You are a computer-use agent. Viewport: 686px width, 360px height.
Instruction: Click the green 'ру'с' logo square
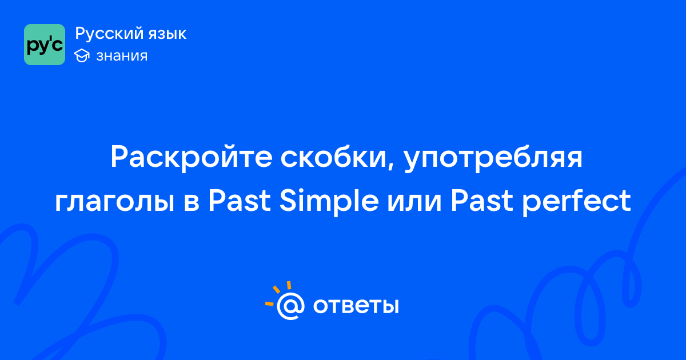pyautogui.click(x=45, y=45)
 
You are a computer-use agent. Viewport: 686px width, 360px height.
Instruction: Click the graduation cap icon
pyautogui.click(x=82, y=56)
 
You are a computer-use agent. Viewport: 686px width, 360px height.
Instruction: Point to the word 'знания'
pyautogui.click(x=122, y=56)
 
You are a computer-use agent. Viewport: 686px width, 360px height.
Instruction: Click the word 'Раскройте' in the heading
pyautogui.click(x=192, y=157)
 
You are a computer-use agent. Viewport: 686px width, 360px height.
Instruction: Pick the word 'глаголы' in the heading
pyautogui.click(x=115, y=201)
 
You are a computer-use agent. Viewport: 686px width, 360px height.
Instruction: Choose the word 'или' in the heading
pyautogui.click(x=414, y=201)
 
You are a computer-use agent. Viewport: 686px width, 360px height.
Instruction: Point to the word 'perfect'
pyautogui.click(x=576, y=201)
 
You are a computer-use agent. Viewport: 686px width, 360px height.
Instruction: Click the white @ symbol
pyautogui.click(x=290, y=306)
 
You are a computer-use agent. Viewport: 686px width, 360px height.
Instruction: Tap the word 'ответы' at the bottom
pyautogui.click(x=356, y=306)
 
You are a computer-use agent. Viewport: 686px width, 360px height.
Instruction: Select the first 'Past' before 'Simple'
pyautogui.click(x=240, y=201)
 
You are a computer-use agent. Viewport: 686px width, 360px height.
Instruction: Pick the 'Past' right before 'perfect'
pyautogui.click(x=482, y=201)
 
